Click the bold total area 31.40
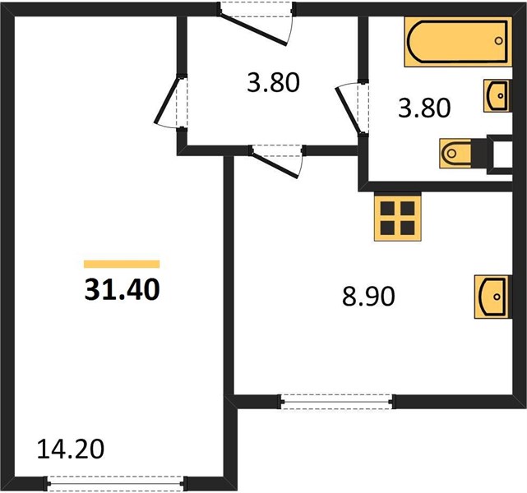[122, 290]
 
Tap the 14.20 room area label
[71, 449]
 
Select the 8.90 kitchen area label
[368, 297]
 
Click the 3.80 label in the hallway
[273, 83]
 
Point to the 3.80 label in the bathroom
[424, 108]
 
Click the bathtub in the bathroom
[458, 42]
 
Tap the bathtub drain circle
[499, 41]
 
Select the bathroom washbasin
[497, 95]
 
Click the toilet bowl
[455, 154]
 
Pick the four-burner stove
[398, 218]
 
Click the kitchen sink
[493, 297]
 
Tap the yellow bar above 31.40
[122, 265]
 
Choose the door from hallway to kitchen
[275, 165]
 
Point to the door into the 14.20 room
[167, 100]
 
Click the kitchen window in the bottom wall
[336, 401]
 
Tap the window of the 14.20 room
[116, 484]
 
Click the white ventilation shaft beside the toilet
[502, 154]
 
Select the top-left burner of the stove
[387, 208]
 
